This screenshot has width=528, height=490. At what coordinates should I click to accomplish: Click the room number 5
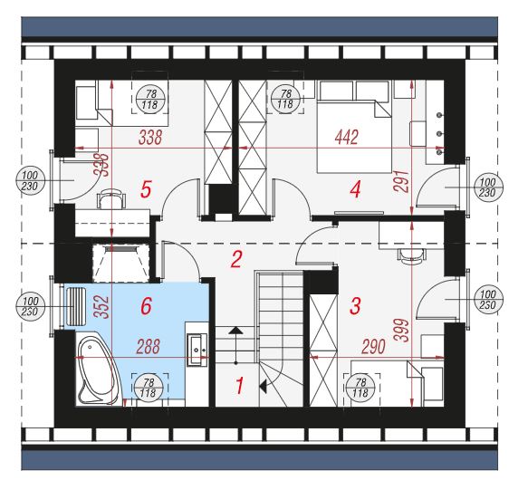(x=146, y=189)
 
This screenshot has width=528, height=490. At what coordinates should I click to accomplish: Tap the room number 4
(x=355, y=189)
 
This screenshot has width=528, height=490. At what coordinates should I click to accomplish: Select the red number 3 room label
(x=355, y=306)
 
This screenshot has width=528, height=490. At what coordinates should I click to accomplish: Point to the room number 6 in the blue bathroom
(x=146, y=306)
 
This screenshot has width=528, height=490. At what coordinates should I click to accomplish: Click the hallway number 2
(x=236, y=259)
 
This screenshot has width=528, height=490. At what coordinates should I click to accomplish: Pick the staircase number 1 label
(x=239, y=386)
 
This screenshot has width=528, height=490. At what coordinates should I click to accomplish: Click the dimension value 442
(x=347, y=138)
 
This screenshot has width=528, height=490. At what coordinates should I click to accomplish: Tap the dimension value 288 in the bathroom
(x=149, y=347)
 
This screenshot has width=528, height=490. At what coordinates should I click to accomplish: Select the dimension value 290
(x=373, y=347)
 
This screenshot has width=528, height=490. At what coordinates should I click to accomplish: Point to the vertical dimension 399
(x=403, y=331)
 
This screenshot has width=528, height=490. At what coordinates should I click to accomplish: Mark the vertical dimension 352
(x=101, y=307)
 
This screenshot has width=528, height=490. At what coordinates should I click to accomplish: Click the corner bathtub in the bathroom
(x=97, y=370)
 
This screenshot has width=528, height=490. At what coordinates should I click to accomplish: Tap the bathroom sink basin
(x=197, y=350)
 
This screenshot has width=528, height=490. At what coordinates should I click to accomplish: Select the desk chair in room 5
(x=110, y=198)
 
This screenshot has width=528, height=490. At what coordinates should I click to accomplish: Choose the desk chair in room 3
(x=411, y=255)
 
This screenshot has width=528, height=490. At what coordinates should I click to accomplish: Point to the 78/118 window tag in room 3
(x=360, y=388)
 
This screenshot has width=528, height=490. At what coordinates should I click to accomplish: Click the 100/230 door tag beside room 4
(x=487, y=187)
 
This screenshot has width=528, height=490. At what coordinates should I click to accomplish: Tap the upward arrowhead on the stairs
(x=235, y=330)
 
